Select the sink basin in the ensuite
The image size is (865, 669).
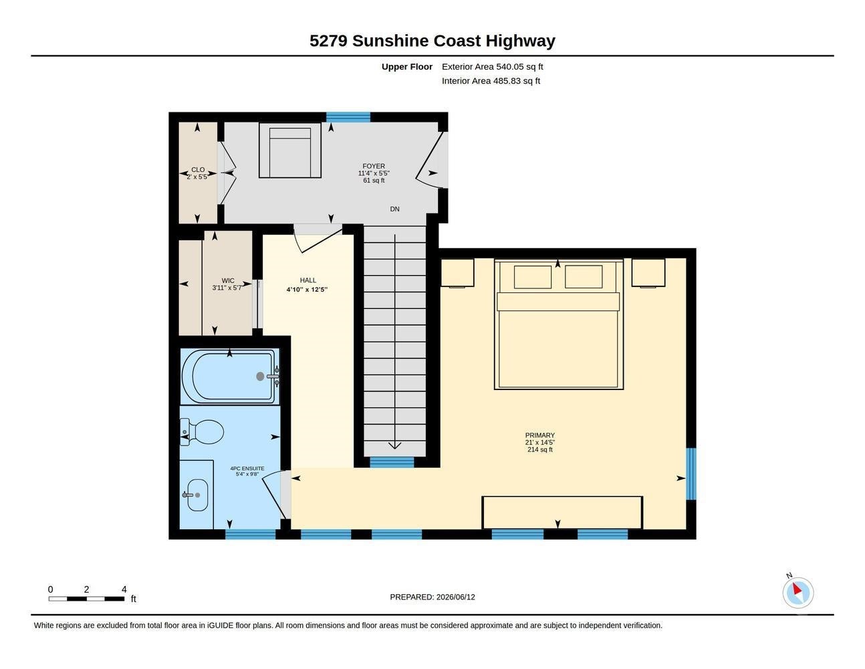(197, 494)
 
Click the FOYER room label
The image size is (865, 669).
(374, 166)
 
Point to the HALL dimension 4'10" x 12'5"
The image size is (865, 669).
(307, 290)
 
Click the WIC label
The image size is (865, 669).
(228, 280)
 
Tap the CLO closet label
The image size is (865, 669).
(198, 170)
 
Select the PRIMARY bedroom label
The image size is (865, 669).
(539, 436)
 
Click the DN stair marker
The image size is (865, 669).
(394, 209)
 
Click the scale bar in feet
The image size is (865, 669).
(86, 599)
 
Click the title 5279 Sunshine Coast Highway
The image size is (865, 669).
(432, 41)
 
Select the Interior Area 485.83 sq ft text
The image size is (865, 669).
(491, 81)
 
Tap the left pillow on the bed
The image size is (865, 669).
(533, 277)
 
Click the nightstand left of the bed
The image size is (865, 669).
(457, 272)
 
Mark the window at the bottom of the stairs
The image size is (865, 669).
(392, 462)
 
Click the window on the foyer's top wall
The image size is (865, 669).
(348, 117)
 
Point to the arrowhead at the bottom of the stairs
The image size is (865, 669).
(394, 446)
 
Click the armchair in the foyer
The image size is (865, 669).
(290, 150)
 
